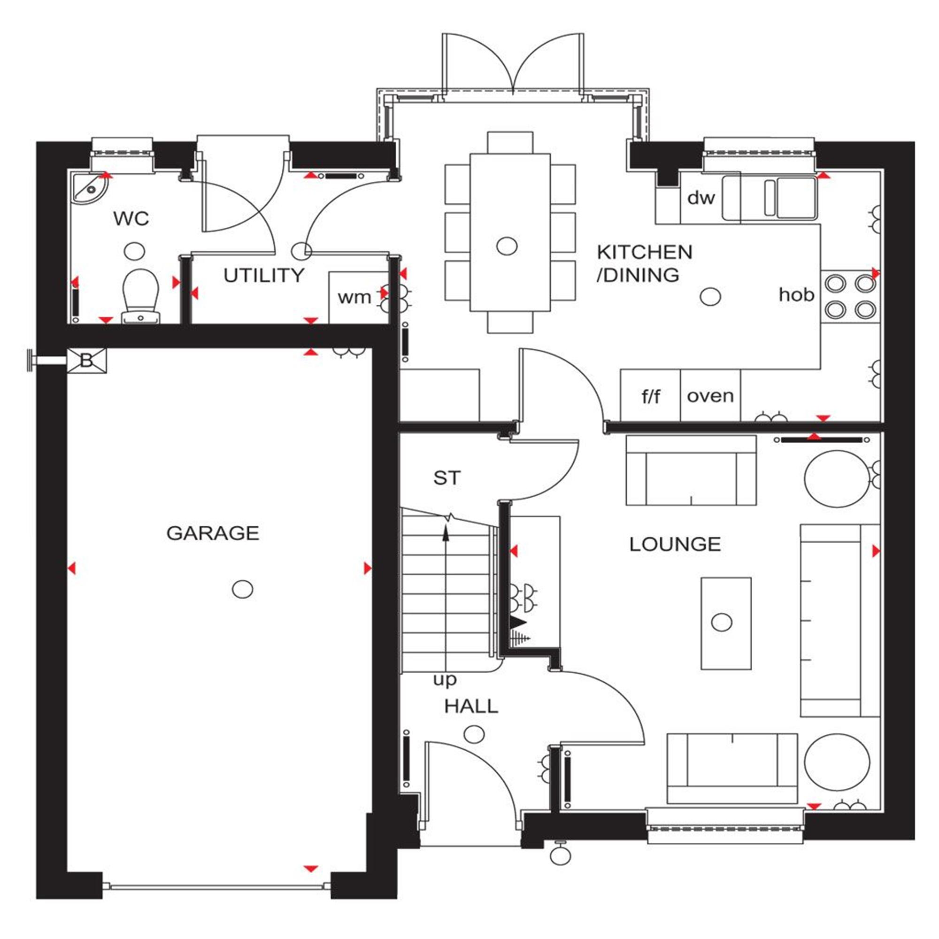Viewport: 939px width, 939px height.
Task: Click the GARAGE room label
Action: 213,534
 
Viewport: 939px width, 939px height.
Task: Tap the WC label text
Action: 131,219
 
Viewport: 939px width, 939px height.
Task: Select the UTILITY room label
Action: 264,276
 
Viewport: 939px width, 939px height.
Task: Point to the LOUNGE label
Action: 675,544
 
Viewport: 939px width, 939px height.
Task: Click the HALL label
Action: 471,706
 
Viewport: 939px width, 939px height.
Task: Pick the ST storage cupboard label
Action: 446,478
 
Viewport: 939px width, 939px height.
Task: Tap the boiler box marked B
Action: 86,361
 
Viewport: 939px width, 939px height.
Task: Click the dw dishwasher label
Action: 701,198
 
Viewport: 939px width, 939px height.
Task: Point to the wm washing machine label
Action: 354,297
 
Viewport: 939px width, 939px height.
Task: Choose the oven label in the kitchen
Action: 710,396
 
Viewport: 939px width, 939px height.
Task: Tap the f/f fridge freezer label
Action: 651,397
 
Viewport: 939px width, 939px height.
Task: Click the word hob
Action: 796,294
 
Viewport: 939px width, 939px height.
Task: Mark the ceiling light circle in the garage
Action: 243,590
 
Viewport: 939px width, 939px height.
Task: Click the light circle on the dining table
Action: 507,246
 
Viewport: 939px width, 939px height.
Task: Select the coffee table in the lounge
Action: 726,623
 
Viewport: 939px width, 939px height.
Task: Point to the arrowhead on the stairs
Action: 446,535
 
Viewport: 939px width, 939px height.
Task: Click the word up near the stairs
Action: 445,680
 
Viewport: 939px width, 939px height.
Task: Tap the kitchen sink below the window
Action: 770,198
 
